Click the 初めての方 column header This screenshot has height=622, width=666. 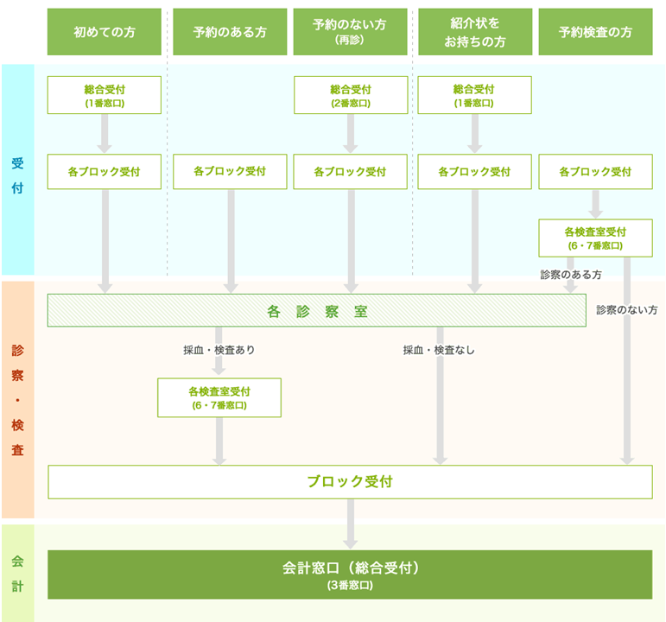[105, 32]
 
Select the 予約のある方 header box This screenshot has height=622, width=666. [230, 32]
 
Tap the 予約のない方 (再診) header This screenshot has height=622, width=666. [350, 32]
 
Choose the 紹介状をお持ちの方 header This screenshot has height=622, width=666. [474, 32]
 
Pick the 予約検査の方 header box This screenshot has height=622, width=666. [595, 32]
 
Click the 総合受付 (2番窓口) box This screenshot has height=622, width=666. [350, 95]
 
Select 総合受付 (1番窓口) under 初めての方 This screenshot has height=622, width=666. [105, 95]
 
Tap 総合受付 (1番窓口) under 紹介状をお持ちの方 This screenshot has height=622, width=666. [474, 95]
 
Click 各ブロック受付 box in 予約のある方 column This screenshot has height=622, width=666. [230, 171]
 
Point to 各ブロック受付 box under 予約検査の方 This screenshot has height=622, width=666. [595, 171]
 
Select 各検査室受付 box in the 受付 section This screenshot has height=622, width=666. [595, 238]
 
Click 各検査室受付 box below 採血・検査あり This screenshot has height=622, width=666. [219, 397]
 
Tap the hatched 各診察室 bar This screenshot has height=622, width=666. [317, 311]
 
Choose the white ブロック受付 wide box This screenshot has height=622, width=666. [350, 481]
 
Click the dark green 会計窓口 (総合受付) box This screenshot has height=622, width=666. [350, 574]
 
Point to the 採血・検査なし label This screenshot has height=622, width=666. [439, 350]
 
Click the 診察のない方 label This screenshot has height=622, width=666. [626, 309]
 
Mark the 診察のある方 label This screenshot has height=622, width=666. [571, 274]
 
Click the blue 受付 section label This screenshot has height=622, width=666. [17, 171]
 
